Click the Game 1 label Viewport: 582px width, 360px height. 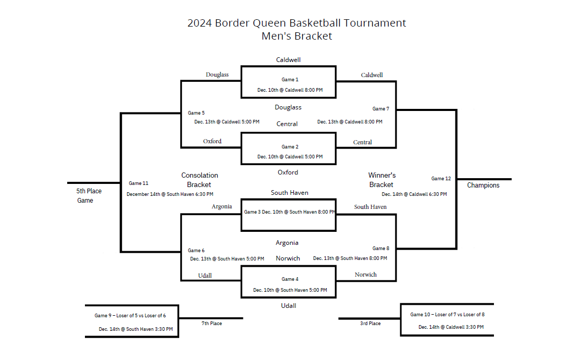(x=290, y=80)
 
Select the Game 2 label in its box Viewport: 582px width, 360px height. (x=290, y=147)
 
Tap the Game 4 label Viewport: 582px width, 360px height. (x=290, y=279)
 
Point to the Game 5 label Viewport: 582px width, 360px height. (x=196, y=113)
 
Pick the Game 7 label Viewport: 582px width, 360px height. (x=381, y=109)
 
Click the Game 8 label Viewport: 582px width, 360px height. (x=381, y=249)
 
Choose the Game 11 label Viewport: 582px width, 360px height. (x=139, y=183)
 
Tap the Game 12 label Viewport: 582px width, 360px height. (x=441, y=179)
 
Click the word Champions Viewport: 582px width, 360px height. (x=483, y=185)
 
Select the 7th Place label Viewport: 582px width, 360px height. (x=212, y=324)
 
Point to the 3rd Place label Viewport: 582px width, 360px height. (x=370, y=324)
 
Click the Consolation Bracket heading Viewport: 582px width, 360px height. (x=200, y=180)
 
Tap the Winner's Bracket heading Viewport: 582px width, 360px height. (x=382, y=180)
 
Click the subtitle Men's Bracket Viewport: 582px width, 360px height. (x=297, y=36)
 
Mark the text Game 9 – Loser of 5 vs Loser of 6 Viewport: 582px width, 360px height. (x=130, y=316)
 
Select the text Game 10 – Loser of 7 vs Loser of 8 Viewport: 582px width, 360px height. (x=448, y=315)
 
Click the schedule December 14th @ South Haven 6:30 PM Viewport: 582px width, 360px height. (x=170, y=194)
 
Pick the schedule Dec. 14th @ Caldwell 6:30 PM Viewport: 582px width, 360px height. (x=414, y=194)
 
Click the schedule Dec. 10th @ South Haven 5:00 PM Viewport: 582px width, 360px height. (x=290, y=290)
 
